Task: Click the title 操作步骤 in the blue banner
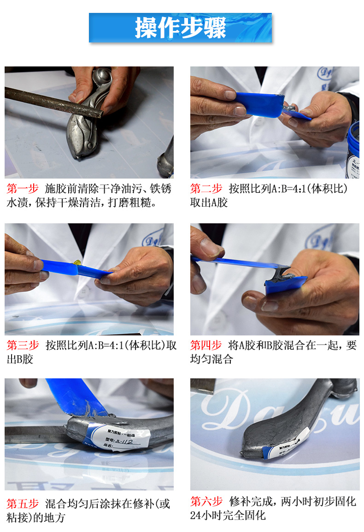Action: (180, 28)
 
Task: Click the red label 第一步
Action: (22, 189)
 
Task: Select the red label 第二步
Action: (206, 189)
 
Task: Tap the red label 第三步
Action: (22, 345)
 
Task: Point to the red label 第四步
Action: (206, 345)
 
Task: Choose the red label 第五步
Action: (22, 503)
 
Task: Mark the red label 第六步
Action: (206, 502)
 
